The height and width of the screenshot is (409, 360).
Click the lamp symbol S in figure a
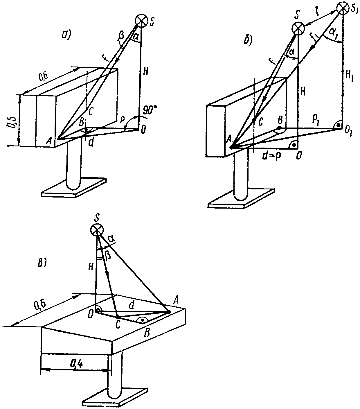pos(142,21)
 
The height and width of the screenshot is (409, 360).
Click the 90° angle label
pos(150,111)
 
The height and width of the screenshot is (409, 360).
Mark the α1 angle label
pos(334,31)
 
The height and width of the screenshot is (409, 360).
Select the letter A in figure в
pos(176,302)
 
